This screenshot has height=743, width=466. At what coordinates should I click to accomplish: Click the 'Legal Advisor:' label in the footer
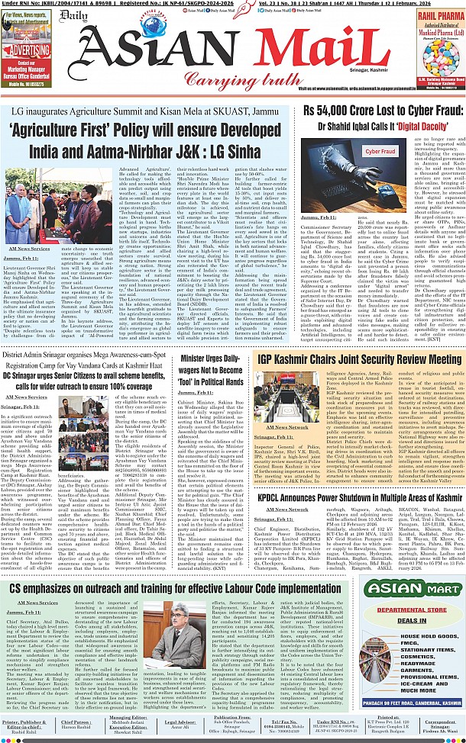click(182, 719)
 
